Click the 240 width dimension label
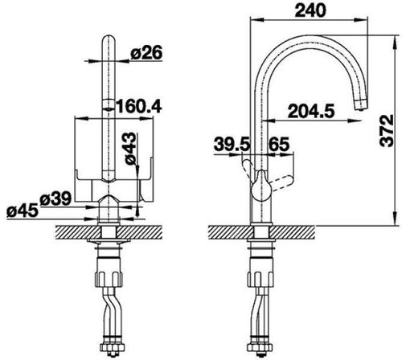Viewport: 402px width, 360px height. (x=310, y=10)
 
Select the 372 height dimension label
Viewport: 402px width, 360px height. (x=387, y=131)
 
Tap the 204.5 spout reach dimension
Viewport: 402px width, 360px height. (x=311, y=111)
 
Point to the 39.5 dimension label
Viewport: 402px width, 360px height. (x=232, y=144)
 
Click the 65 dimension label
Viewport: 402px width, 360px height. (x=279, y=144)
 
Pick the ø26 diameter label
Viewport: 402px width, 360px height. (x=146, y=52)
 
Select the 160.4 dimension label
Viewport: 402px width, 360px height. (x=138, y=106)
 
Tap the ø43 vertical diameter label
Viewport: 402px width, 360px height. (x=131, y=148)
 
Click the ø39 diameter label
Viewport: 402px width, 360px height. (x=55, y=199)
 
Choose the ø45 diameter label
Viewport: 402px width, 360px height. (x=23, y=211)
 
